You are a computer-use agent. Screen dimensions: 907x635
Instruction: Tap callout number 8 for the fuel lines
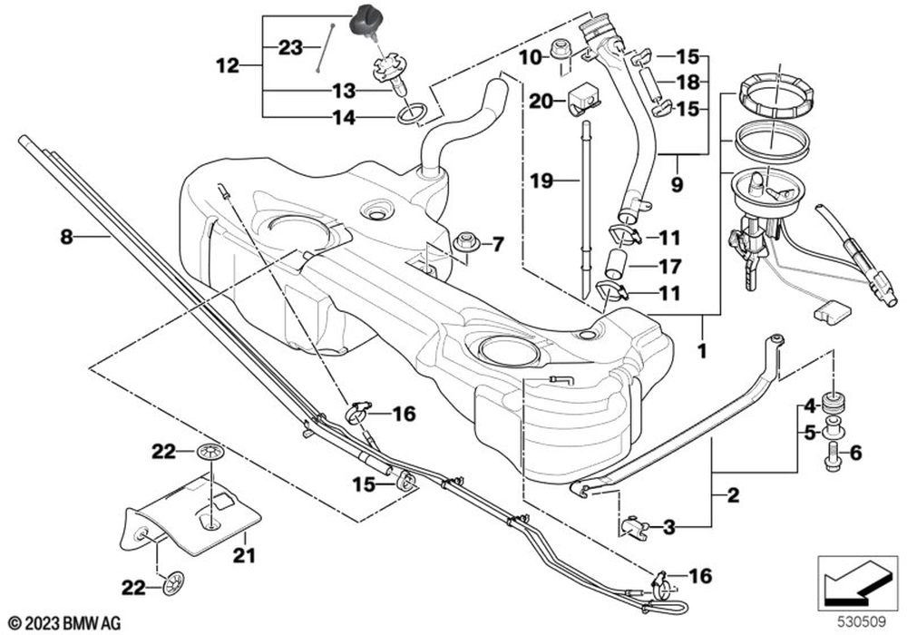click(67, 237)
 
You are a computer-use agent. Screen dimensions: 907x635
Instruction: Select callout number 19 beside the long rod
click(542, 181)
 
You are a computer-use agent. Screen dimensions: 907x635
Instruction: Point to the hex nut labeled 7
click(464, 242)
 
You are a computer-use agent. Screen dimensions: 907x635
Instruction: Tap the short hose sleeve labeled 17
click(617, 264)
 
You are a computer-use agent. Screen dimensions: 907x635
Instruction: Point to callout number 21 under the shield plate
click(244, 556)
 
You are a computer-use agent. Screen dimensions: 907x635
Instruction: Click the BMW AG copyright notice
click(65, 623)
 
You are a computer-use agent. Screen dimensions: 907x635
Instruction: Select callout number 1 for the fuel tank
click(702, 351)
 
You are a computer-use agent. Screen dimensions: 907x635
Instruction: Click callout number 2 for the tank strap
click(733, 495)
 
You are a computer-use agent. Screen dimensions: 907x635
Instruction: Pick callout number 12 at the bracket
click(228, 66)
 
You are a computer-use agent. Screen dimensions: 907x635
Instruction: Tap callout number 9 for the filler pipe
click(677, 184)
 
